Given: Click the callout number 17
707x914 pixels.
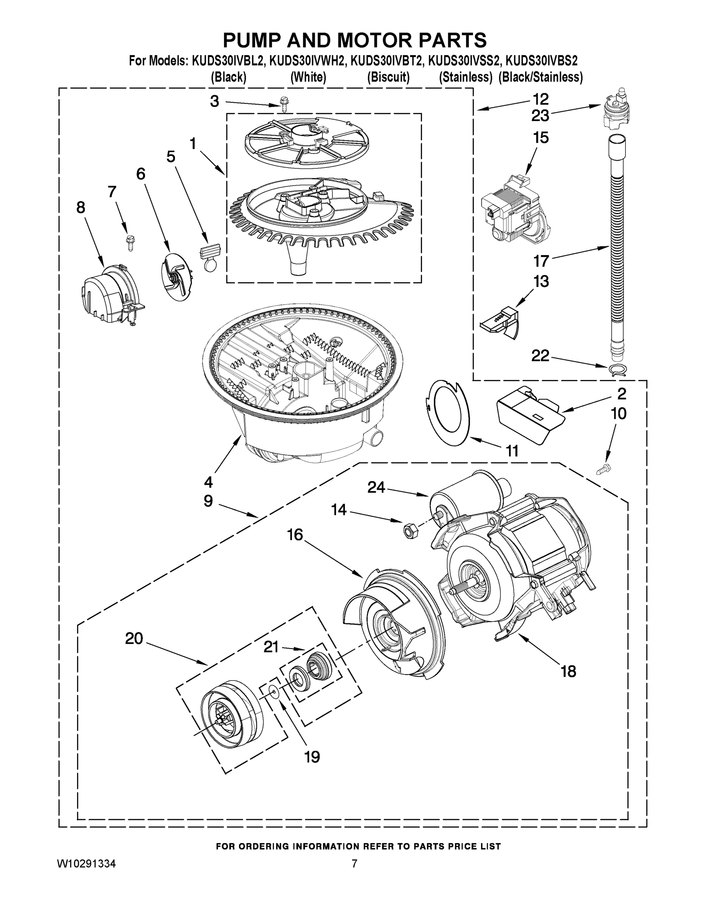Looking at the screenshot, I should (x=541, y=261).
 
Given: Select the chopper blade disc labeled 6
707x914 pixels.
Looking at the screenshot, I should (x=175, y=276).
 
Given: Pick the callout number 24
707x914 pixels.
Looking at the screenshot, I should (x=376, y=487).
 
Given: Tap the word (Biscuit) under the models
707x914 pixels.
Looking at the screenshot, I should (x=388, y=77).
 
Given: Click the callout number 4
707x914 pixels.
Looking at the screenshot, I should (x=208, y=482).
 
